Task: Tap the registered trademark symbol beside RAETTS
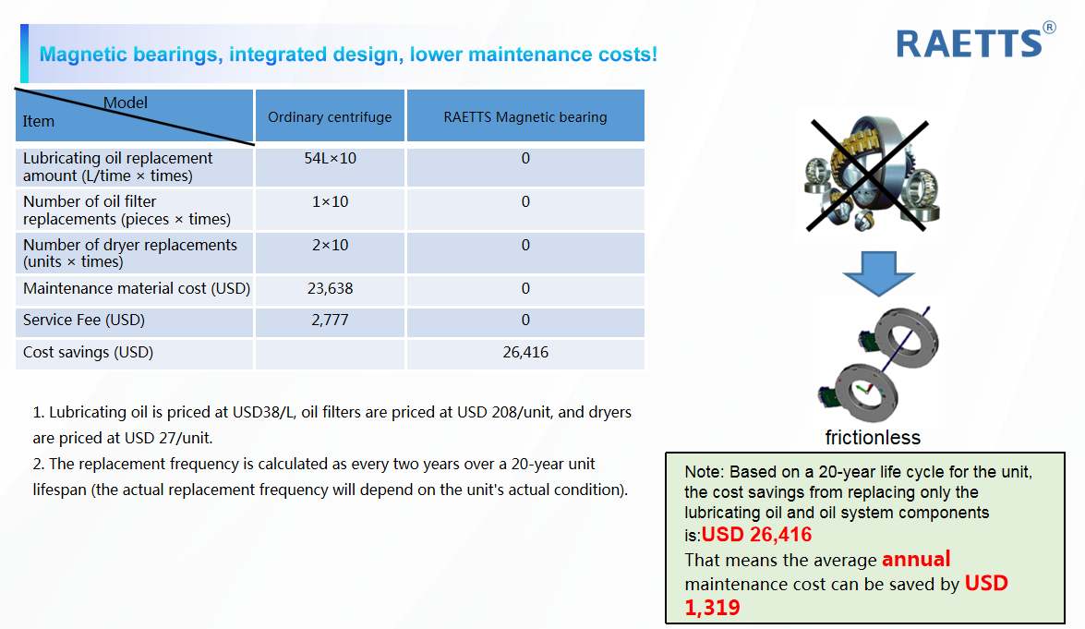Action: [1049, 28]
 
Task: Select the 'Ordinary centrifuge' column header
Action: [330, 117]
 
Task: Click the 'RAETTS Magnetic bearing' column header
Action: [525, 117]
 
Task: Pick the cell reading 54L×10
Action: [330, 159]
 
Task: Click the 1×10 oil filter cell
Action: [330, 202]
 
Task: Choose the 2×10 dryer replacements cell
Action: [330, 245]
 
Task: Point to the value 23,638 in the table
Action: [330, 288]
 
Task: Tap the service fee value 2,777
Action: [330, 321]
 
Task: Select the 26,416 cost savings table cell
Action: [526, 352]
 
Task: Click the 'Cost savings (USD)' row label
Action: [88, 352]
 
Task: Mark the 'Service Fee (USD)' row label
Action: [84, 320]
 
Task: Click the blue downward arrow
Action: [879, 273]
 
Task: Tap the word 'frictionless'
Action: [873, 437]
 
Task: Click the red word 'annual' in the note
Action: [916, 559]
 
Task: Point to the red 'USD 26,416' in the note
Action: [757, 534]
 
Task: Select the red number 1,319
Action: [713, 608]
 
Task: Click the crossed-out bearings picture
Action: [870, 175]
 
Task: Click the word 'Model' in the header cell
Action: [126, 103]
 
